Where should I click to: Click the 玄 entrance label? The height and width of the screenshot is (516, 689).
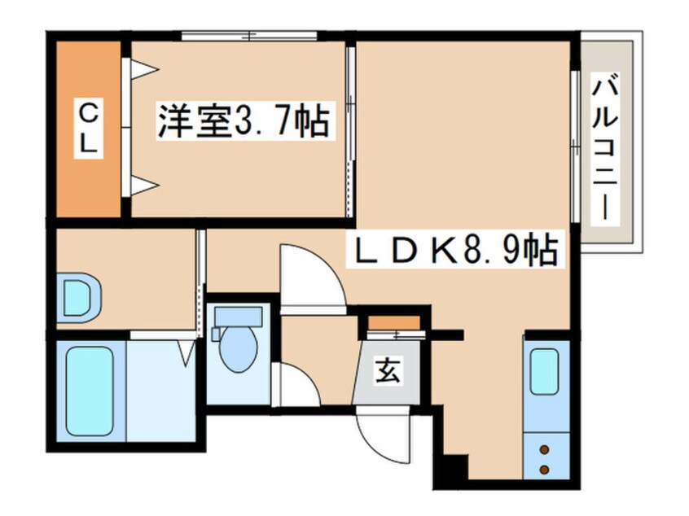pyautogui.click(x=387, y=370)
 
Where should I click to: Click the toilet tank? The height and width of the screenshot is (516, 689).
pyautogui.click(x=238, y=316)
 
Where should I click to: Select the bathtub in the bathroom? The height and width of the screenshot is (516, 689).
pyautogui.click(x=90, y=391)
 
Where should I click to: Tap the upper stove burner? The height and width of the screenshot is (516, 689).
pyautogui.click(x=544, y=450)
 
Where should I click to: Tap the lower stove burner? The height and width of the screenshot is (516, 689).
pyautogui.click(x=544, y=470)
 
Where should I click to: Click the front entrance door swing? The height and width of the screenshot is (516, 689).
pyautogui.click(x=383, y=434)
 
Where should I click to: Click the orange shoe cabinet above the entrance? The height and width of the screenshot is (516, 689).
pyautogui.click(x=393, y=323)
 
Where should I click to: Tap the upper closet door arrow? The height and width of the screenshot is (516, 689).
pyautogui.click(x=145, y=68)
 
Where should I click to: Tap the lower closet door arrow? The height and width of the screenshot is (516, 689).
pyautogui.click(x=145, y=186)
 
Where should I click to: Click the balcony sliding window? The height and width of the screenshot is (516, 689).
pyautogui.click(x=575, y=146)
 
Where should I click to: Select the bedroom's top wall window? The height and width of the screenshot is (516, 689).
pyautogui.click(x=249, y=36)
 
